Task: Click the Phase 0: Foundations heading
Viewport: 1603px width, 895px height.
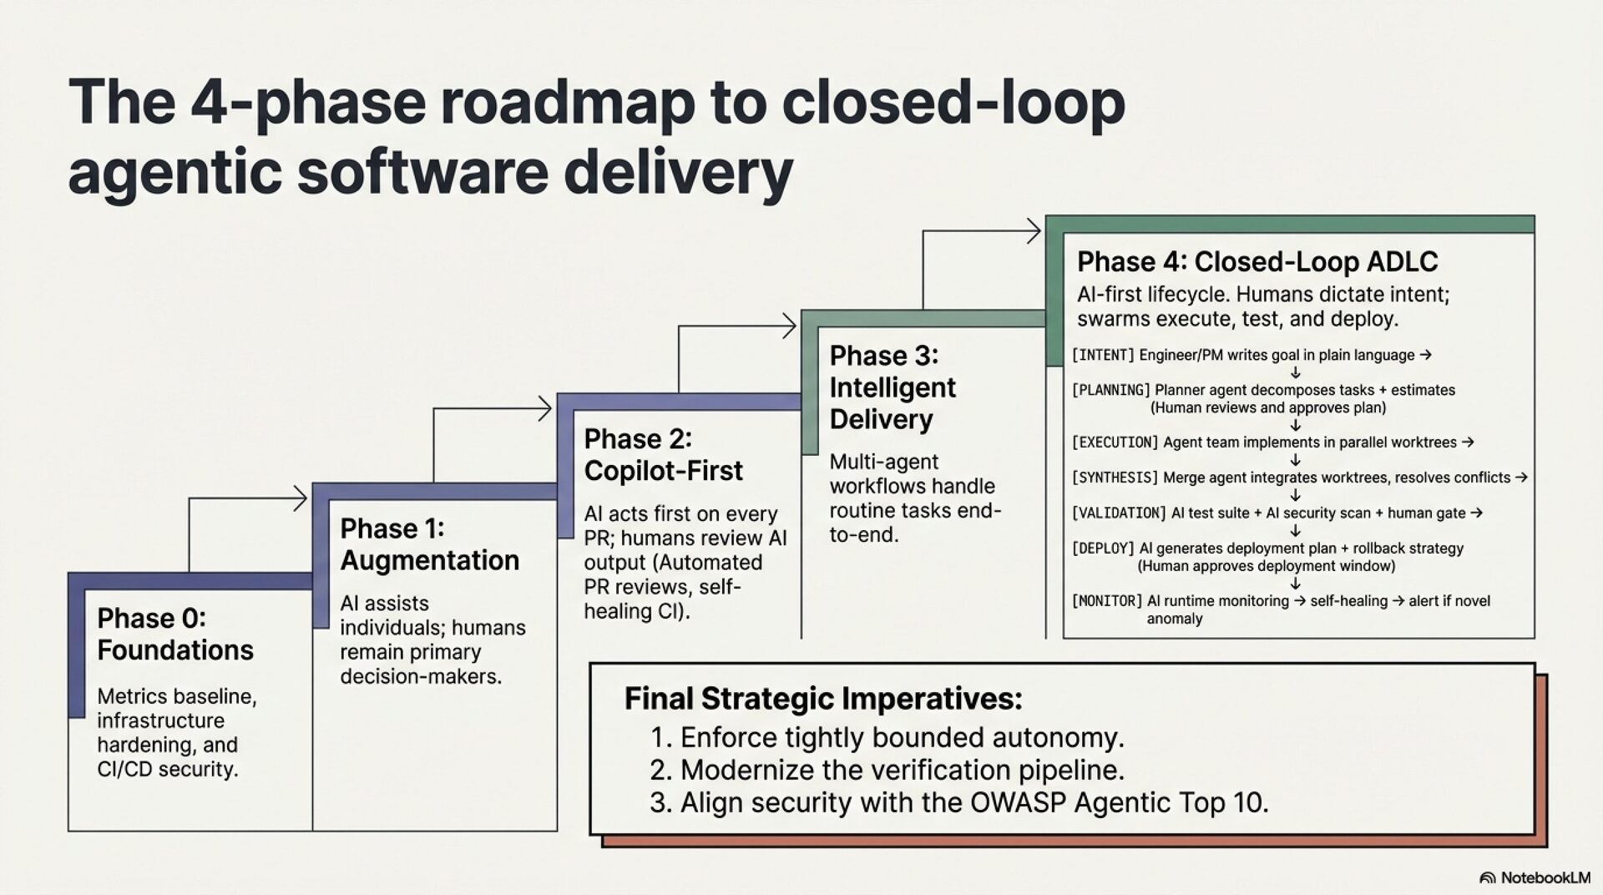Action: click(175, 635)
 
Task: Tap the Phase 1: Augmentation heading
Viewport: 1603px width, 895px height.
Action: click(429, 544)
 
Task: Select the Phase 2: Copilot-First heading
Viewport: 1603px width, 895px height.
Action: click(663, 455)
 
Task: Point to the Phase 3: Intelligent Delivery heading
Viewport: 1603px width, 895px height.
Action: click(893, 387)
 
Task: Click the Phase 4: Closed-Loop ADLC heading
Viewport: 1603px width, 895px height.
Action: click(1257, 262)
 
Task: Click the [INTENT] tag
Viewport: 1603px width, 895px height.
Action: click(1103, 356)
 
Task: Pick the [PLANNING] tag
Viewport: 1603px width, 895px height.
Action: click(1110, 391)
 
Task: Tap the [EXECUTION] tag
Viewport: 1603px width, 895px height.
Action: click(1115, 442)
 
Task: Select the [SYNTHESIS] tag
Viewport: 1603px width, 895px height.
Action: click(1115, 478)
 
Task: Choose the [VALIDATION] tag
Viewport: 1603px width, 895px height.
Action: click(1118, 513)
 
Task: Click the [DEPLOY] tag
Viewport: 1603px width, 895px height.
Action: click(1103, 549)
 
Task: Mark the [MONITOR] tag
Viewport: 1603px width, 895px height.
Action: click(1106, 601)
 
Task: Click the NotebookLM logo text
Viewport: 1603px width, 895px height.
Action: click(1545, 877)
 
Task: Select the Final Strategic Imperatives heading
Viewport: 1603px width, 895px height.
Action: click(823, 699)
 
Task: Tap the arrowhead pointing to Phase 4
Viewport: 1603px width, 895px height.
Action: click(1035, 231)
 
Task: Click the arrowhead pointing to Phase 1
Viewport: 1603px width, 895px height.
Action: click(301, 499)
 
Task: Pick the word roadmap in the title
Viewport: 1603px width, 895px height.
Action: click(568, 102)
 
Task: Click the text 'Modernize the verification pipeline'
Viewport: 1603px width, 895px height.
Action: click(902, 770)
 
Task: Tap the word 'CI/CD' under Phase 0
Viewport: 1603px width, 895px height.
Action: click(124, 769)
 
